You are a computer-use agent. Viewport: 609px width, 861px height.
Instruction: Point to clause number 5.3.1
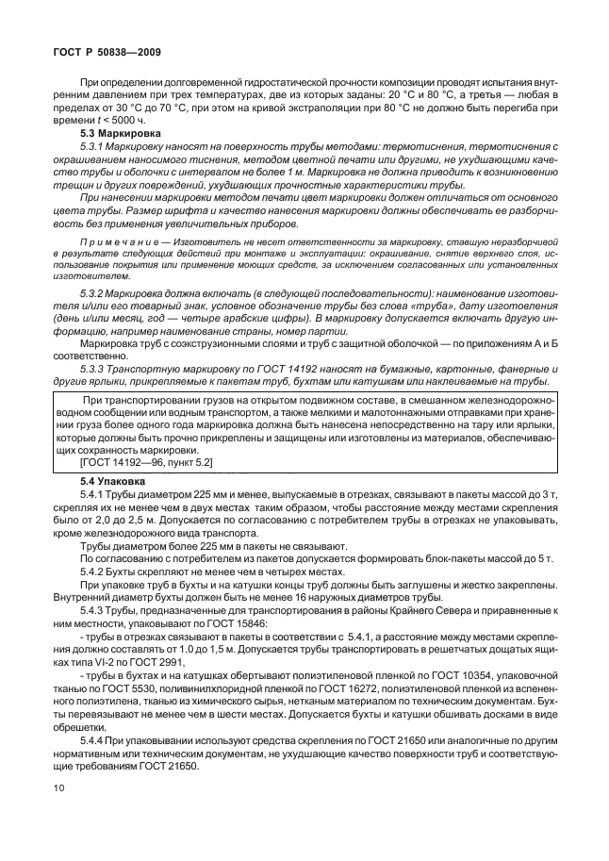(x=91, y=147)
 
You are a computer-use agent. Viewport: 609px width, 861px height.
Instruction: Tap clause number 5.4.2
(x=92, y=573)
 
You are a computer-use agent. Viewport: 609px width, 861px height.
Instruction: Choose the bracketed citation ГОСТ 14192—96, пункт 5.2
(x=146, y=462)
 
